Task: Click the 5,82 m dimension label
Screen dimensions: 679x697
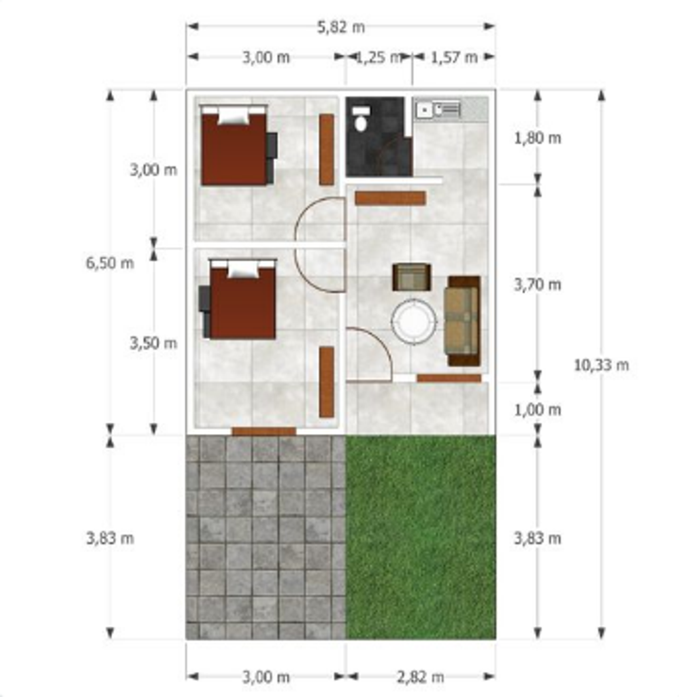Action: coord(341,28)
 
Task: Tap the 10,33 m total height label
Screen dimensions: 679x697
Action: coord(601,365)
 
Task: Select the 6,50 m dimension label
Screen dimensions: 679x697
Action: coord(109,263)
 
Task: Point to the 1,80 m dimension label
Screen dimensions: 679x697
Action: coord(537,138)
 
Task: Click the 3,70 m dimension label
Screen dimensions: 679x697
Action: coord(537,285)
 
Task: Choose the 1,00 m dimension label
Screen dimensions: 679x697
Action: coord(537,410)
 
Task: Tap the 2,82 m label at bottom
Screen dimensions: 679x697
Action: coord(420,677)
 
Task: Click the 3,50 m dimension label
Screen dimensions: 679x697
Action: coord(153,343)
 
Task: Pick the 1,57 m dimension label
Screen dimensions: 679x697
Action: coord(454,57)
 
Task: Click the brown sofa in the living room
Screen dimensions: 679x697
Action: coord(463,321)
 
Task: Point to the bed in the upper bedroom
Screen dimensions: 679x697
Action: coord(235,145)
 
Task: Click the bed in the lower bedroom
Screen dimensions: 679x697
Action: coord(243,299)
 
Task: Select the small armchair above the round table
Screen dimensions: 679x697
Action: coord(412,277)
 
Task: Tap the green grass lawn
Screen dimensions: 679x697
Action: coord(420,537)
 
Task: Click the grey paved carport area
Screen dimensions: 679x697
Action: coord(265,537)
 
